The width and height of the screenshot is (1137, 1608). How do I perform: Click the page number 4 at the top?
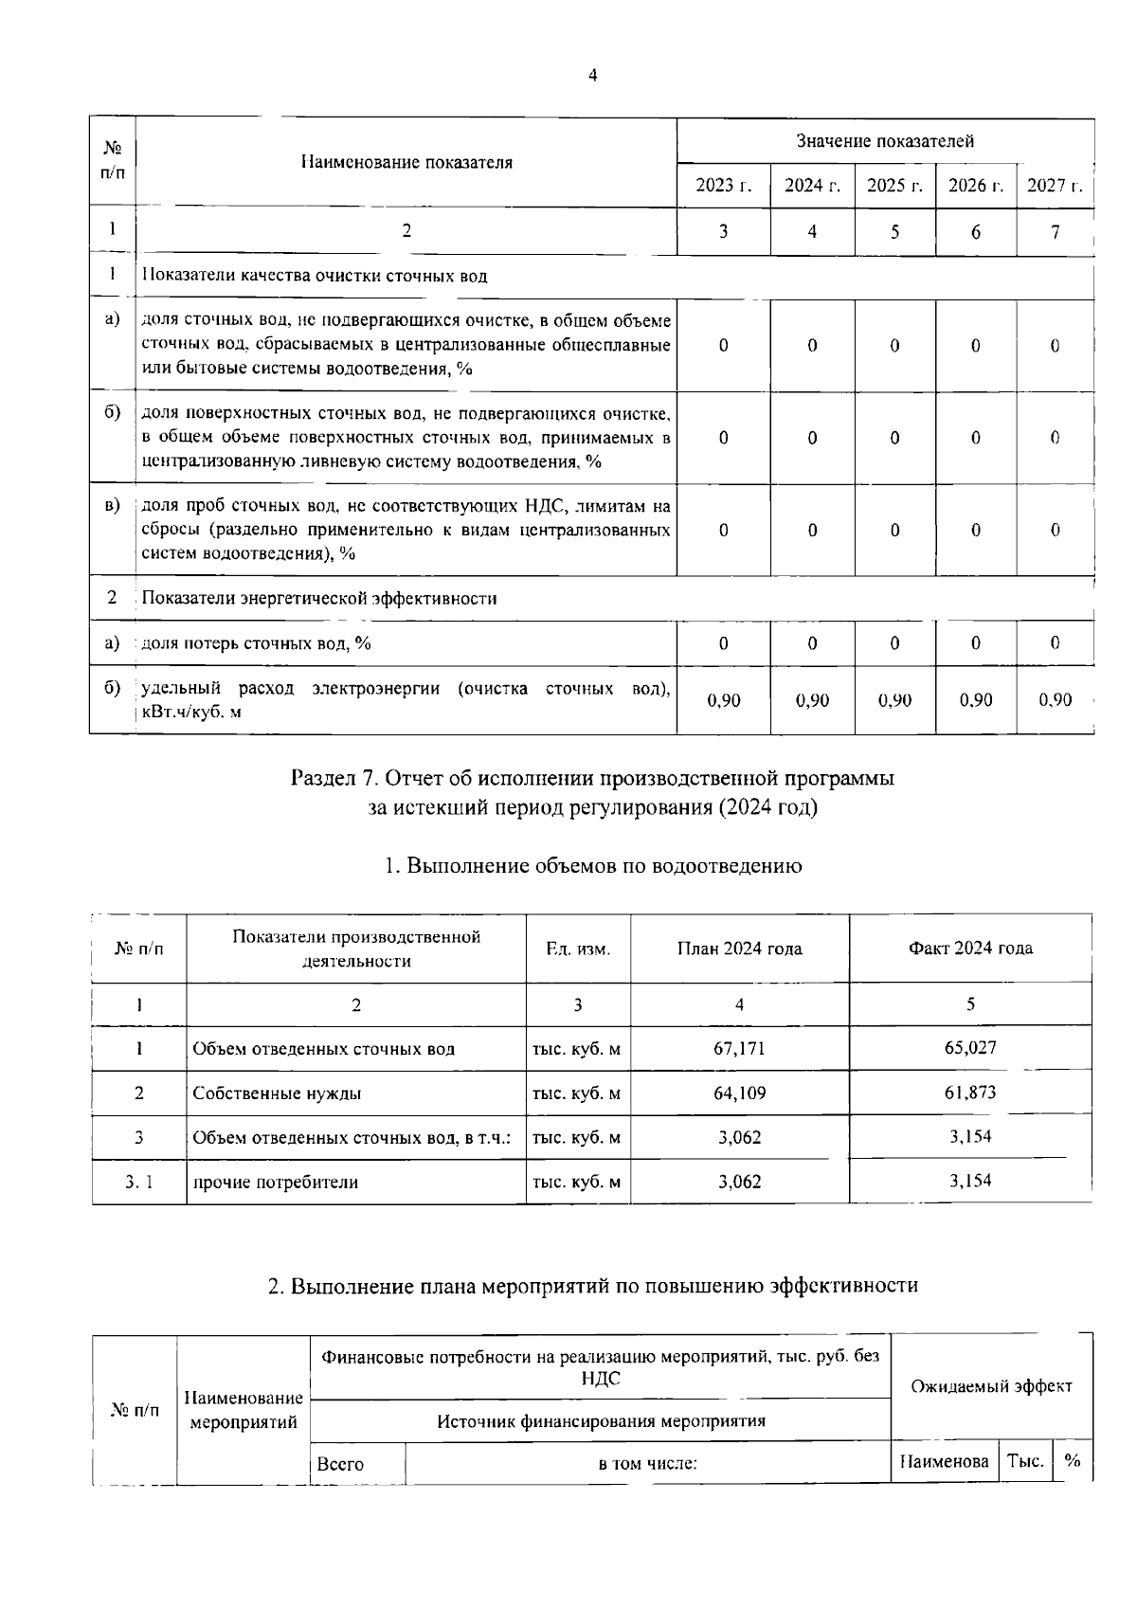pos(592,76)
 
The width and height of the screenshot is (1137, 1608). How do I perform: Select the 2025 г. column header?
pos(894,186)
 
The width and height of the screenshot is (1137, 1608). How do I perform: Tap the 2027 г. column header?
pos(1054,186)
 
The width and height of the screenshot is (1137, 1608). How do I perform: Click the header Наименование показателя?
pos(406,162)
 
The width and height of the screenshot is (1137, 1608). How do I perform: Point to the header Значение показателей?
pos(885,141)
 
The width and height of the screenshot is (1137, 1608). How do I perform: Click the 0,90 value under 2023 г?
pos(724,700)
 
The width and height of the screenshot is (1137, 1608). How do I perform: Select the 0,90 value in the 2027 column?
pos(1055,700)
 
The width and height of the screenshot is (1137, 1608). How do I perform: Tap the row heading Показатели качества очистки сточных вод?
pos(315,277)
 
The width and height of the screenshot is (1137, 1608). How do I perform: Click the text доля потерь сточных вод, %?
pos(257,644)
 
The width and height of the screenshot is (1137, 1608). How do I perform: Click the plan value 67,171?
pos(739,1048)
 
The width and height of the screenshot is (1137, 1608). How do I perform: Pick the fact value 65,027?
pos(970,1048)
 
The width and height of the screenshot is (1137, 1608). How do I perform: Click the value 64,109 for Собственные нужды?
pos(739,1093)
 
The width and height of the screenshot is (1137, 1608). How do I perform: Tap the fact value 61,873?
pos(970,1093)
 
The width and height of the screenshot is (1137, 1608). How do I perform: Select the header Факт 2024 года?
pos(970,949)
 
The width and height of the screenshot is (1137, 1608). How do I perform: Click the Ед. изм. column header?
pos(578,949)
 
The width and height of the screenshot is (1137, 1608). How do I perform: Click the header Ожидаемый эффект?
pos(991,1386)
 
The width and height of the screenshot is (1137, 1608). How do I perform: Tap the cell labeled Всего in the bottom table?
pos(340,1464)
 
